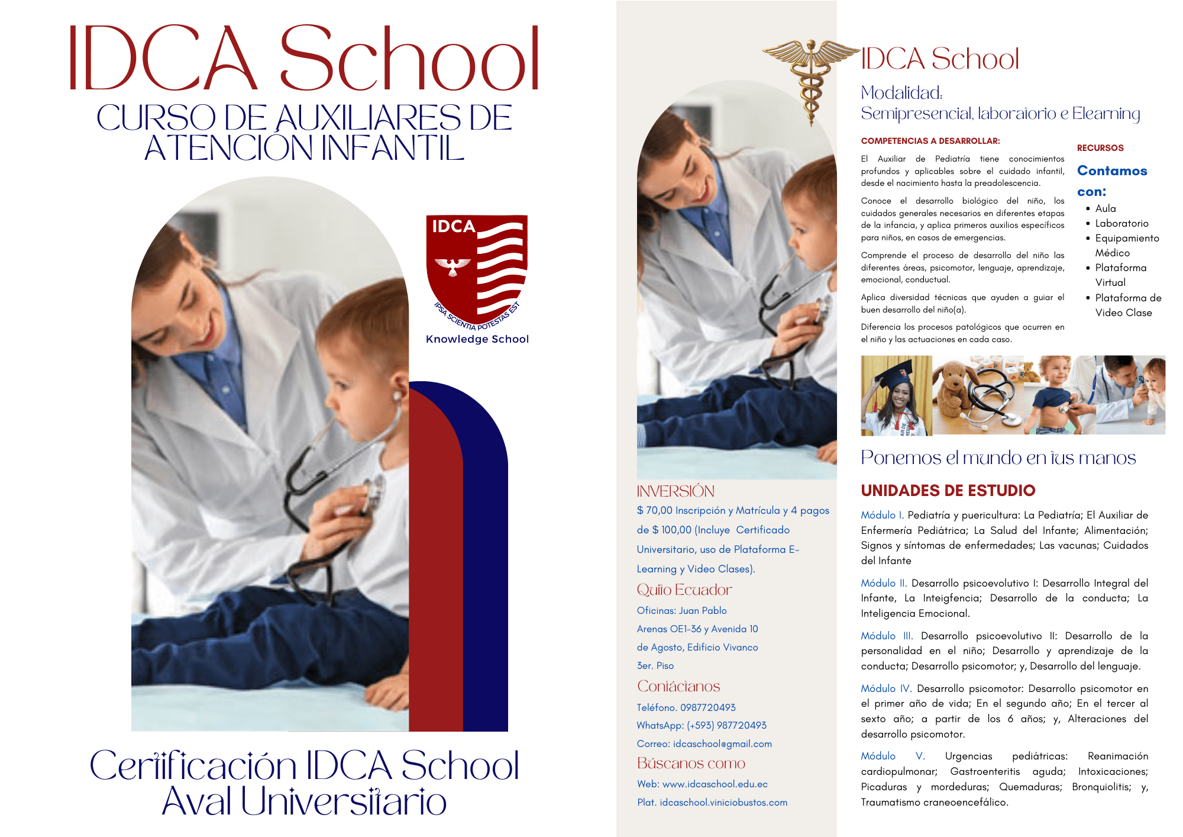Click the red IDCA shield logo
pyautogui.click(x=476, y=269)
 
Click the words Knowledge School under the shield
pyautogui.click(x=477, y=339)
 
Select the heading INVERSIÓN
pyautogui.click(x=675, y=491)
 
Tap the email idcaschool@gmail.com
pyautogui.click(x=722, y=743)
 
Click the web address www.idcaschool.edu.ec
pyautogui.click(x=715, y=784)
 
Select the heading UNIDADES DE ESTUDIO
pyautogui.click(x=948, y=490)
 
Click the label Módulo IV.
pyautogui.click(x=886, y=688)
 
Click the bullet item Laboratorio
pyautogui.click(x=1121, y=223)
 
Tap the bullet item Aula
pyautogui.click(x=1105, y=208)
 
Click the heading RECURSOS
pyautogui.click(x=1100, y=148)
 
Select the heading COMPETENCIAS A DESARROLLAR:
pyautogui.click(x=930, y=141)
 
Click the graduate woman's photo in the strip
pyautogui.click(x=896, y=395)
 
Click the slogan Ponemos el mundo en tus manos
pyautogui.click(x=998, y=458)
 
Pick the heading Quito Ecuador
pyautogui.click(x=684, y=590)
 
